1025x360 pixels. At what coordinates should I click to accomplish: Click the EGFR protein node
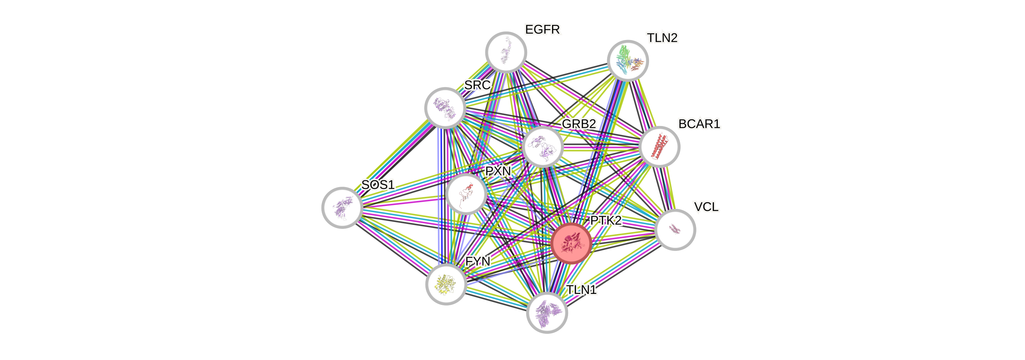[x=506, y=52]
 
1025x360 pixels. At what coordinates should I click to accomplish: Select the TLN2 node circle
[x=627, y=60]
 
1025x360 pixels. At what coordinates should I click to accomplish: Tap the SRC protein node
[x=445, y=108]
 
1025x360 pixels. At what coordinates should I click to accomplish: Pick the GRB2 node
[x=542, y=146]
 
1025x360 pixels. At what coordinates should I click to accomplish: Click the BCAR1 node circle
[x=659, y=146]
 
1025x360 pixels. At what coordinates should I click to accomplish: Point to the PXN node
[x=465, y=194]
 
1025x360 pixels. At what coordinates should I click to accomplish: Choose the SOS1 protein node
[x=342, y=207]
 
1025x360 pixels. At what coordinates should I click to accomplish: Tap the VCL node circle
[x=675, y=230]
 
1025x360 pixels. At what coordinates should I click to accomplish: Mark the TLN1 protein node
[x=547, y=313]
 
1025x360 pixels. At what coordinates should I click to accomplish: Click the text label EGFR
[x=542, y=29]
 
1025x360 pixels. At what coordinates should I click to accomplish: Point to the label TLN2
[x=662, y=38]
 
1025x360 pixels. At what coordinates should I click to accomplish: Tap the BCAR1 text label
[x=699, y=124]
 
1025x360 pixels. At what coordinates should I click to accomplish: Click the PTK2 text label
[x=606, y=221]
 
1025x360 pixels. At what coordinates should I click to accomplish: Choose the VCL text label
[x=706, y=207]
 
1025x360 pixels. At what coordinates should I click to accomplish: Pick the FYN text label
[x=478, y=261]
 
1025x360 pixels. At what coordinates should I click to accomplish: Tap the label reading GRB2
[x=579, y=124]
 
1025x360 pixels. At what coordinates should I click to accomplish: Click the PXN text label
[x=498, y=171]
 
